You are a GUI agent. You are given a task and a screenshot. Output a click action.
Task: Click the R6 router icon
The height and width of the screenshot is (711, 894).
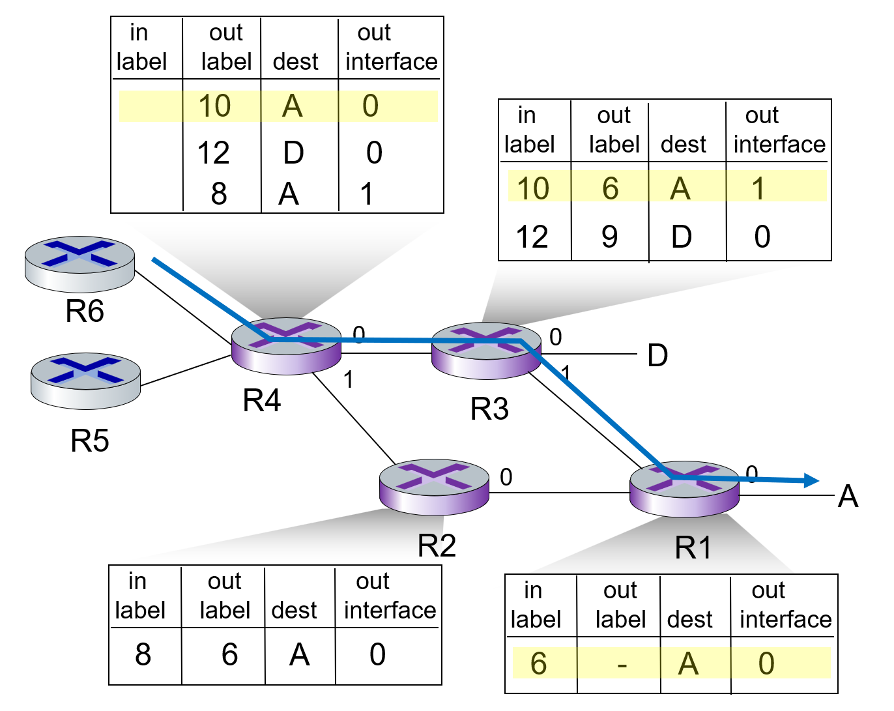point(79,263)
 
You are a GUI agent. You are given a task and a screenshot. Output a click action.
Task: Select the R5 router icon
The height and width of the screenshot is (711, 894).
point(85,381)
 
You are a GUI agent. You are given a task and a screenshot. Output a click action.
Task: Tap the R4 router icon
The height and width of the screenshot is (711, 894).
point(286,346)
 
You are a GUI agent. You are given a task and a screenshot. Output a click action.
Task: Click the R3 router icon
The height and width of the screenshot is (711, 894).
point(486,350)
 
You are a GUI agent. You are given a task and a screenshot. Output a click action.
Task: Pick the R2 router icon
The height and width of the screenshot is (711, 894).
point(434,487)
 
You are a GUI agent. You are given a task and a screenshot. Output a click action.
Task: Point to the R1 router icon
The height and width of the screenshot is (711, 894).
point(684,489)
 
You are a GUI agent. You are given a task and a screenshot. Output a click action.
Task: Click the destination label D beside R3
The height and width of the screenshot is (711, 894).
point(657,356)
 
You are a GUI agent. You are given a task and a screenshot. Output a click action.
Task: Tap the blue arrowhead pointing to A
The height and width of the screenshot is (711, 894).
point(811,481)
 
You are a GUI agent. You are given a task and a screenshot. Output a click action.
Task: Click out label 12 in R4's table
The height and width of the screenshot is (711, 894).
point(214,153)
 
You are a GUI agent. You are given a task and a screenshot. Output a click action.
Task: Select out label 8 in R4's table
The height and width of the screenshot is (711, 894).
point(219,194)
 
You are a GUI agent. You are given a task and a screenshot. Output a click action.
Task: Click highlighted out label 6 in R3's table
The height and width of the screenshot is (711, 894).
point(610,188)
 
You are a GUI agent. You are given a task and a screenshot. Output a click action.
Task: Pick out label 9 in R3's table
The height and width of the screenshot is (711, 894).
point(610,237)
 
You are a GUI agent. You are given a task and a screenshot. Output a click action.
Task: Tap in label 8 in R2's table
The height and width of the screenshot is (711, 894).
point(143,654)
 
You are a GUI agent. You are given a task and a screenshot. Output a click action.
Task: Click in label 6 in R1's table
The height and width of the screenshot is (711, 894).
point(538,663)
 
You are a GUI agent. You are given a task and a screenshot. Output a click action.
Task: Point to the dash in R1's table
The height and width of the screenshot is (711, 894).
point(622,665)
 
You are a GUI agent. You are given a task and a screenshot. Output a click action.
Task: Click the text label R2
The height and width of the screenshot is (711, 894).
point(437,545)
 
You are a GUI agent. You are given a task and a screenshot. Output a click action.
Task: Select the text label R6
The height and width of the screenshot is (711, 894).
point(85,312)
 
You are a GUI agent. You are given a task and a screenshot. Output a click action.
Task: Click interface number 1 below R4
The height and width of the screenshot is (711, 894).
point(349,379)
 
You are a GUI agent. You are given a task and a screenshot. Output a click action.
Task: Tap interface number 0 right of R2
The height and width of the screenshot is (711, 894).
point(506,477)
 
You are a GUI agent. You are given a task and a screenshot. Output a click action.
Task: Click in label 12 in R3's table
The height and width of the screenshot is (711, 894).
point(532,237)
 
